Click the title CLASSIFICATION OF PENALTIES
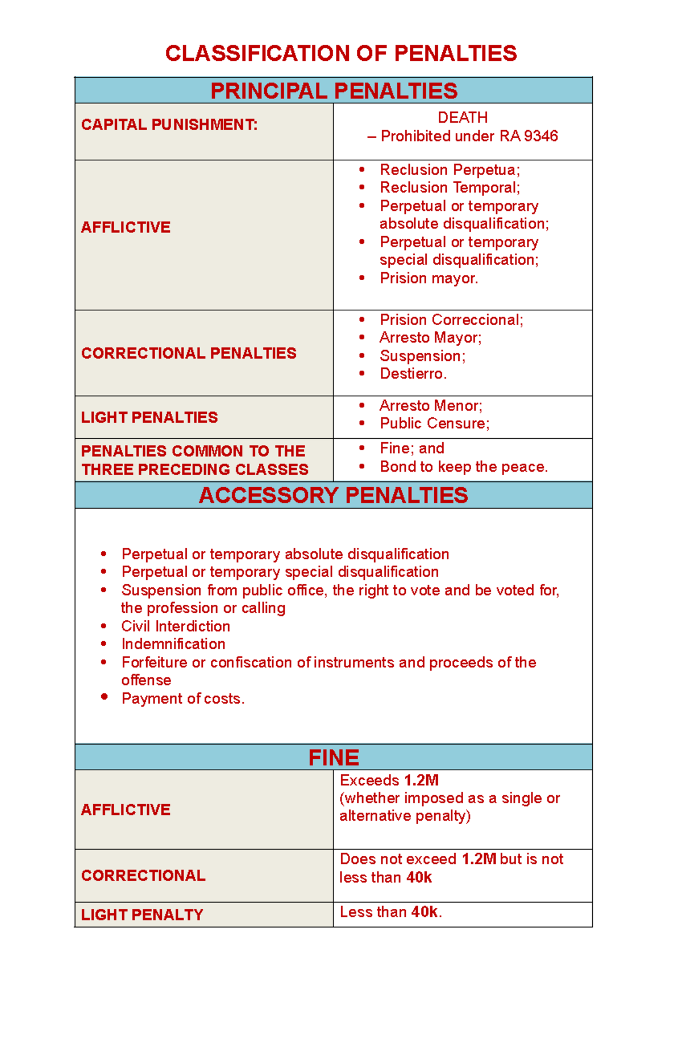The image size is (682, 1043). coord(341,53)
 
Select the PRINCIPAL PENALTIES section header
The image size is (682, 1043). coord(334,91)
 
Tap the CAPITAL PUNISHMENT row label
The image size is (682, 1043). coord(169,124)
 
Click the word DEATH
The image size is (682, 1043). coord(463,118)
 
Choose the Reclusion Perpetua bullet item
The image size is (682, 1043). coord(450,170)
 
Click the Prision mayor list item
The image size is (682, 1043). coord(429,279)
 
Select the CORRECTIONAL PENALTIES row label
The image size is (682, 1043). coord(188,354)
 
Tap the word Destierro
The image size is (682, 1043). coord(413,374)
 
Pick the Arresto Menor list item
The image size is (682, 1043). coord(431,406)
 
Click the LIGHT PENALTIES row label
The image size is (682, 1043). coord(149,418)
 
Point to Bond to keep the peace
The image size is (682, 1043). coord(463,467)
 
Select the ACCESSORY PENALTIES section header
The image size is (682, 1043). coord(334,496)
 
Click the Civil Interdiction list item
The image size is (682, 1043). coord(176,626)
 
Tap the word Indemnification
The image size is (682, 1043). coord(173,645)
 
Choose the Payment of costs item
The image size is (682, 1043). coord(182,699)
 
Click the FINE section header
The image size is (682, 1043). coord(334,758)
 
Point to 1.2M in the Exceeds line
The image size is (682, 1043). coord(421,780)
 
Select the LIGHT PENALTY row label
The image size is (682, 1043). coord(142,915)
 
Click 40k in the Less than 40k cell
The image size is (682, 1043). coord(425,912)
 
